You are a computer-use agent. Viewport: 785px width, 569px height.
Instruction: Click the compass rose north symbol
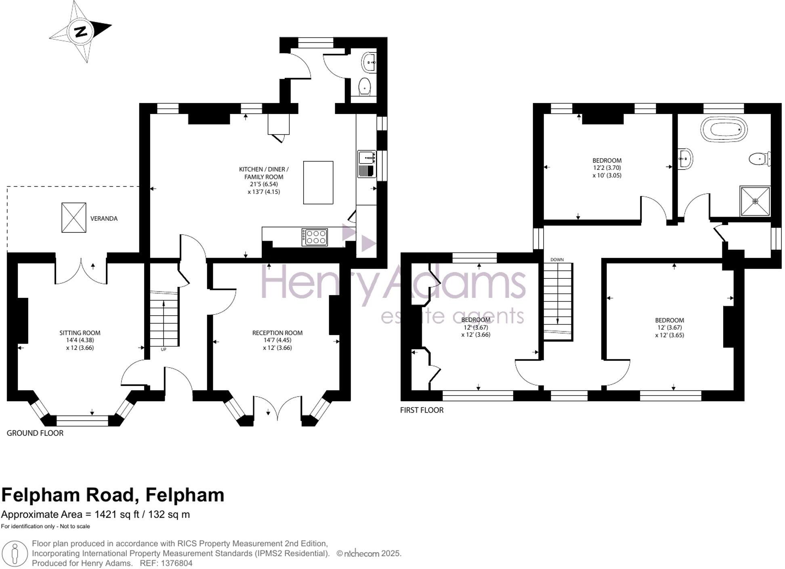tap(81, 32)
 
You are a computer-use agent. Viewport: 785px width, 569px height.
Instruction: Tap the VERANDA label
tap(104, 219)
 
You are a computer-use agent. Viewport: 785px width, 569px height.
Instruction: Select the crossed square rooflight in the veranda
tap(73, 217)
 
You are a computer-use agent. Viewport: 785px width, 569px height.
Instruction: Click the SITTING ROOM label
tap(80, 333)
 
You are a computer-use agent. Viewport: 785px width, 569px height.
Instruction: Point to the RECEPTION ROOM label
tap(277, 333)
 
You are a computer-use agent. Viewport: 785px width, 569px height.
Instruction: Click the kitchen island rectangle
tap(318, 182)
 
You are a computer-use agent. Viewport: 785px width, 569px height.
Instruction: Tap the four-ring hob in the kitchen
tap(315, 237)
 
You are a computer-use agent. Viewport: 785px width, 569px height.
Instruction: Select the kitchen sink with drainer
tap(367, 164)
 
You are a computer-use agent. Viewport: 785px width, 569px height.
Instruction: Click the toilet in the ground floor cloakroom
tap(365, 86)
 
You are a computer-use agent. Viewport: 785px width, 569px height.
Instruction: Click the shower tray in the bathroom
tap(755, 201)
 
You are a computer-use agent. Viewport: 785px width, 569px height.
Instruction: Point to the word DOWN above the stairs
tap(557, 259)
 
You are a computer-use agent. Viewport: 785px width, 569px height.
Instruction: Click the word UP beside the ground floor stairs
tap(164, 349)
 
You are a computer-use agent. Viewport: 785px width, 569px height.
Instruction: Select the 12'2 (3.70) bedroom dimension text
tap(607, 168)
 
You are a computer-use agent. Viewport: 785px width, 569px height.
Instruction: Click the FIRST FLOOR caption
tap(422, 410)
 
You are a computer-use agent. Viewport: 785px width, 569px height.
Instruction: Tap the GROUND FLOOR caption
tap(35, 433)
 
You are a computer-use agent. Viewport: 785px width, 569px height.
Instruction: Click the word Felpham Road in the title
tap(70, 495)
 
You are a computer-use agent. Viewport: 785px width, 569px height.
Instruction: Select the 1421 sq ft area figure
tap(118, 514)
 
